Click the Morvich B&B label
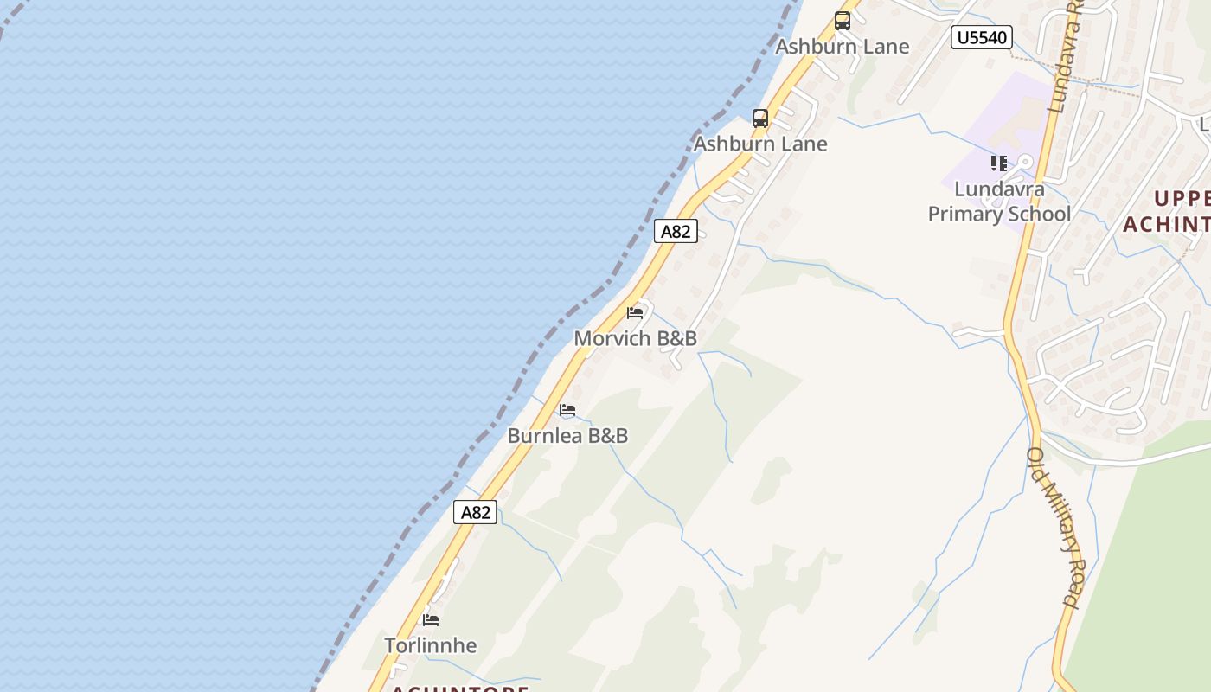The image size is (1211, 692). point(635,338)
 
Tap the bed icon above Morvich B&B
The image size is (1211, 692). point(635,312)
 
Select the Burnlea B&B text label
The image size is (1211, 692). point(567,435)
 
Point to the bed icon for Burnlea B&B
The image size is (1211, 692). point(567,410)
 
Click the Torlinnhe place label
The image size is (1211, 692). point(430,645)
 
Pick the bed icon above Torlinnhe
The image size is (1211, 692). point(431,620)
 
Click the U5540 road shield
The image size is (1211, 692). point(981,37)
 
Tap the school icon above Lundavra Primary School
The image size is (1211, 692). point(999,163)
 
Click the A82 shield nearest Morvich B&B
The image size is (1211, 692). point(676,231)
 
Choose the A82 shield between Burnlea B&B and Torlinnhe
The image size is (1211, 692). point(476,512)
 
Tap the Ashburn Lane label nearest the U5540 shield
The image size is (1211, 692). point(842,47)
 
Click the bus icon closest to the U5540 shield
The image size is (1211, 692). point(842,21)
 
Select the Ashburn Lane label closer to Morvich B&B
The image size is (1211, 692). point(760,144)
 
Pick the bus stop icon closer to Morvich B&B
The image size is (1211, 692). point(760,119)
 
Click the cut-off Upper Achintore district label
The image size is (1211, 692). point(1168,211)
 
